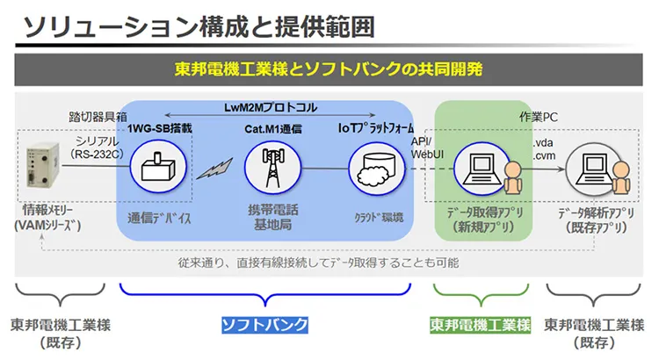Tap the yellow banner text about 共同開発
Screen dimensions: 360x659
pos(329,69)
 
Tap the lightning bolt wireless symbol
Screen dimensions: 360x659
pos(212,168)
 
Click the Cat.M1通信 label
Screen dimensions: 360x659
pos(271,128)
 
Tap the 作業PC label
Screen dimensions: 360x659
pos(538,116)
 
